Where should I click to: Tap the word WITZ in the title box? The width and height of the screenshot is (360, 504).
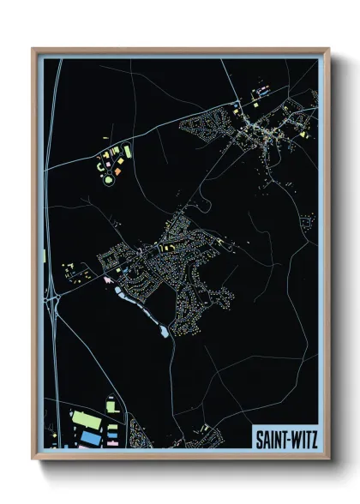tap(301, 438)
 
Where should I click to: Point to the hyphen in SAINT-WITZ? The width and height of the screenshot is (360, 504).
tap(286, 438)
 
